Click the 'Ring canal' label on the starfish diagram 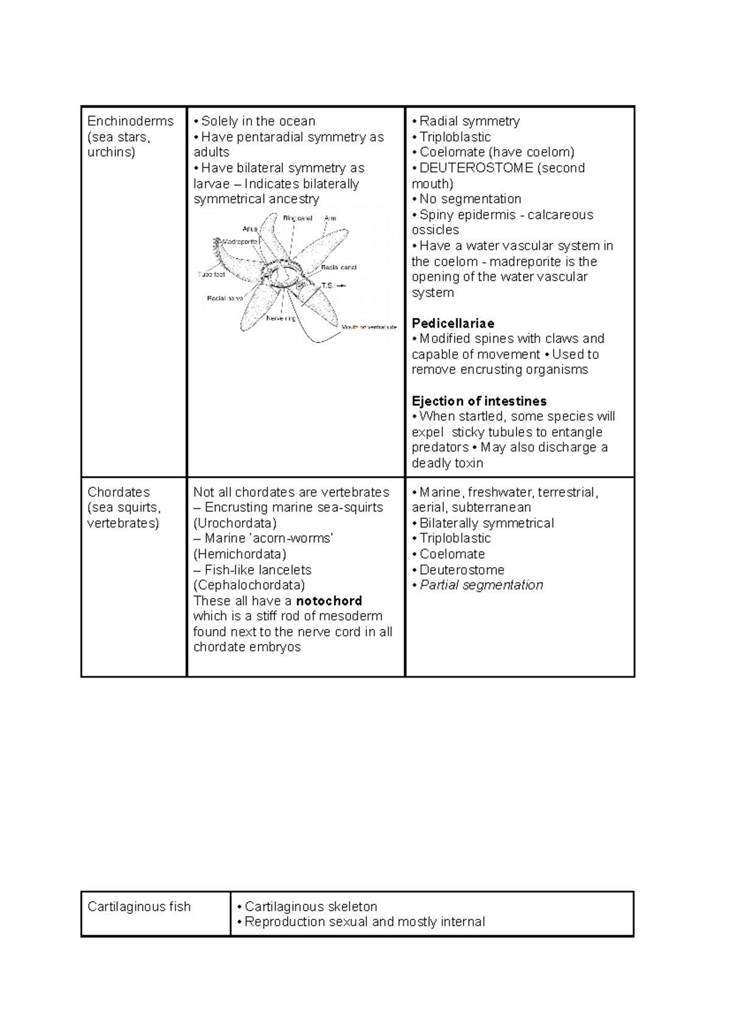297,218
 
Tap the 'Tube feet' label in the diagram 212,274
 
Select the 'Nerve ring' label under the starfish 281,318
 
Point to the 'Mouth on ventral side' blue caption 369,327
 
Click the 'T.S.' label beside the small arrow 327,285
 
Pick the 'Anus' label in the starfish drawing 250,229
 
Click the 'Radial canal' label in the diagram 339,267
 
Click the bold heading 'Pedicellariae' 453,323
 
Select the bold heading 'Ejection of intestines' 479,401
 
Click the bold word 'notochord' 328,600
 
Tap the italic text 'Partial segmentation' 481,585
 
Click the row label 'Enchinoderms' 130,121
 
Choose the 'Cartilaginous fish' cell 139,906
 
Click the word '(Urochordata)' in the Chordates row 235,523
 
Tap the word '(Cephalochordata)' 249,585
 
